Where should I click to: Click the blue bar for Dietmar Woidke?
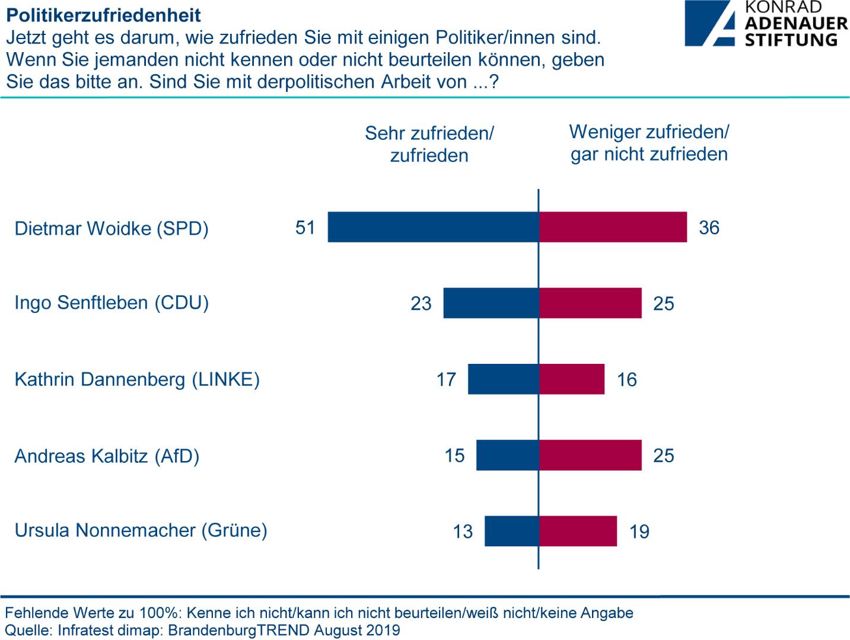[433, 227]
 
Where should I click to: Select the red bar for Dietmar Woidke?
[613, 227]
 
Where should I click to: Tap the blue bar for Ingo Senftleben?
[491, 303]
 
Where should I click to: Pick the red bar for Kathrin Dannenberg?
[572, 379]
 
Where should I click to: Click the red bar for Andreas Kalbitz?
[591, 455]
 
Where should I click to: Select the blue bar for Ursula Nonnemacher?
[511, 531]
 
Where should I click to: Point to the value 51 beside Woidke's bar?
[305, 228]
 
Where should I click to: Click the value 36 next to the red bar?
[709, 228]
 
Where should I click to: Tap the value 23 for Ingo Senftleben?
[421, 303]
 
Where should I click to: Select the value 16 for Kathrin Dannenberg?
[627, 379]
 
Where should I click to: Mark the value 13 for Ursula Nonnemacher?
[463, 532]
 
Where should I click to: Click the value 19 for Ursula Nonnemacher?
[639, 532]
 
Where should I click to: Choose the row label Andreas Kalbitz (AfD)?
[107, 456]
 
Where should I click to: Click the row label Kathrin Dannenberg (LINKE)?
[137, 379]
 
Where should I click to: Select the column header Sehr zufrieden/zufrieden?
[429, 144]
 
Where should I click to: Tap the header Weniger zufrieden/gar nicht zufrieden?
[649, 143]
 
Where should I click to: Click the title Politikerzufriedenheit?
[104, 14]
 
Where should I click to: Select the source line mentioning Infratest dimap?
[202, 630]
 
